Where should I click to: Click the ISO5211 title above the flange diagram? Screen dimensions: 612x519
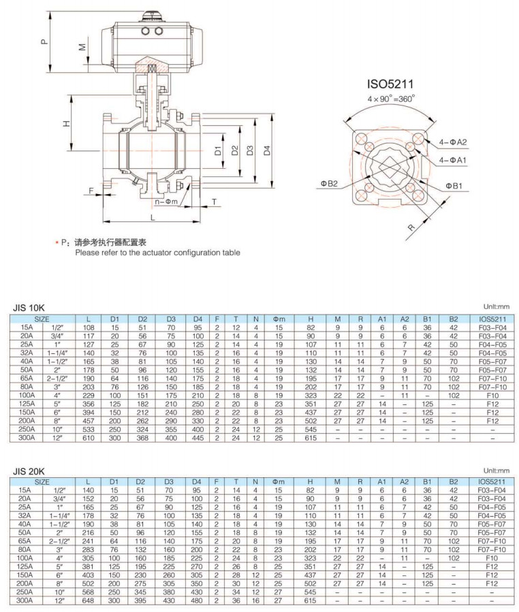(x=391, y=84)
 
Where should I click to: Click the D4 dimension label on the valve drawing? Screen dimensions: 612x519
(x=268, y=150)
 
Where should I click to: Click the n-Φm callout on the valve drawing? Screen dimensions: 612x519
(x=166, y=202)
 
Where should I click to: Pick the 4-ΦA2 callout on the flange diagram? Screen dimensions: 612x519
(x=453, y=142)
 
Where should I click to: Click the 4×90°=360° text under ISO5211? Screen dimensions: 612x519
(x=391, y=98)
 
